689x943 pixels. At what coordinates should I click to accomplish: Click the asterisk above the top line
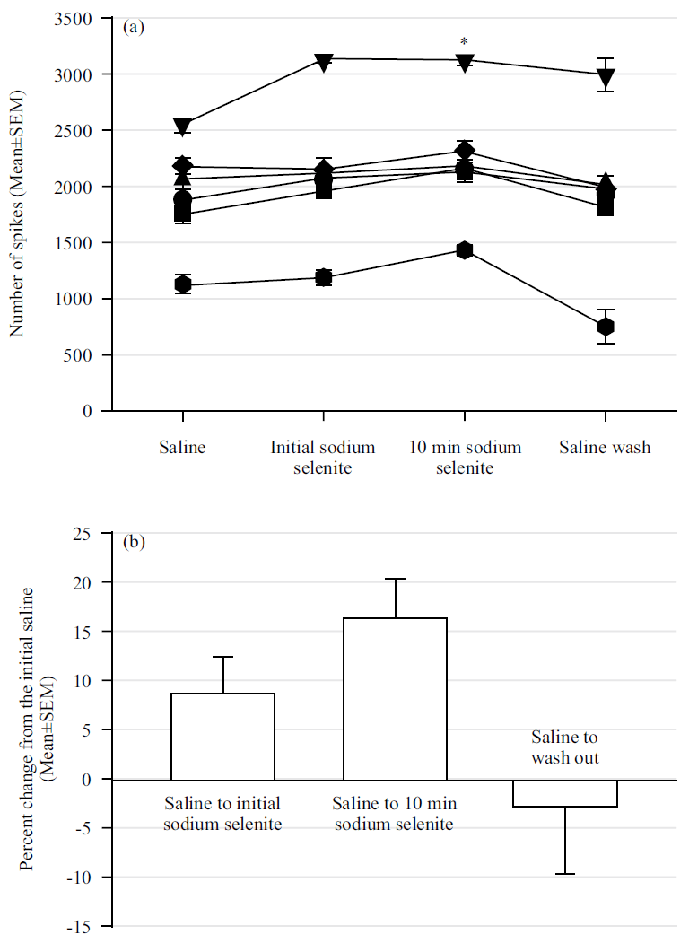click(464, 42)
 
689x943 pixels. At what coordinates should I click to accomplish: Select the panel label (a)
click(133, 27)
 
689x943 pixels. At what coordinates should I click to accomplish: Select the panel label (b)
click(133, 542)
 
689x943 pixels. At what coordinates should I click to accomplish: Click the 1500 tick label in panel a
click(80, 243)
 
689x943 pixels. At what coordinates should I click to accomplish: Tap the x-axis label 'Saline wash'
click(605, 447)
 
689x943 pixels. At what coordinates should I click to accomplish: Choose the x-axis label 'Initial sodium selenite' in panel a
click(323, 457)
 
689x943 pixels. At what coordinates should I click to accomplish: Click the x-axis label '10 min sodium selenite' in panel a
click(464, 457)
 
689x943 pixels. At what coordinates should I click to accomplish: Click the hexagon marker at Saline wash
click(606, 327)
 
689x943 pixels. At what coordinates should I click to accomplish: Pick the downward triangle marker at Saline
click(182, 127)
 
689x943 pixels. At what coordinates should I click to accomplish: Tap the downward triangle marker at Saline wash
click(606, 78)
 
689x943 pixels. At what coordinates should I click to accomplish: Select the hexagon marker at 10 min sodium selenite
click(464, 249)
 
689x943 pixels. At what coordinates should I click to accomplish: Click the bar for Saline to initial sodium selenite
click(222, 736)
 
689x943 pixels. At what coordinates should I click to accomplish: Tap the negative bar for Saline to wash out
click(565, 793)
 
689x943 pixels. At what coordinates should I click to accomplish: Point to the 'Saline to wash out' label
click(564, 747)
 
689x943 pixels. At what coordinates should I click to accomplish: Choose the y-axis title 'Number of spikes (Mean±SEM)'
click(18, 213)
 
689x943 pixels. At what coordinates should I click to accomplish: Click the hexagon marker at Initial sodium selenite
click(323, 277)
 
